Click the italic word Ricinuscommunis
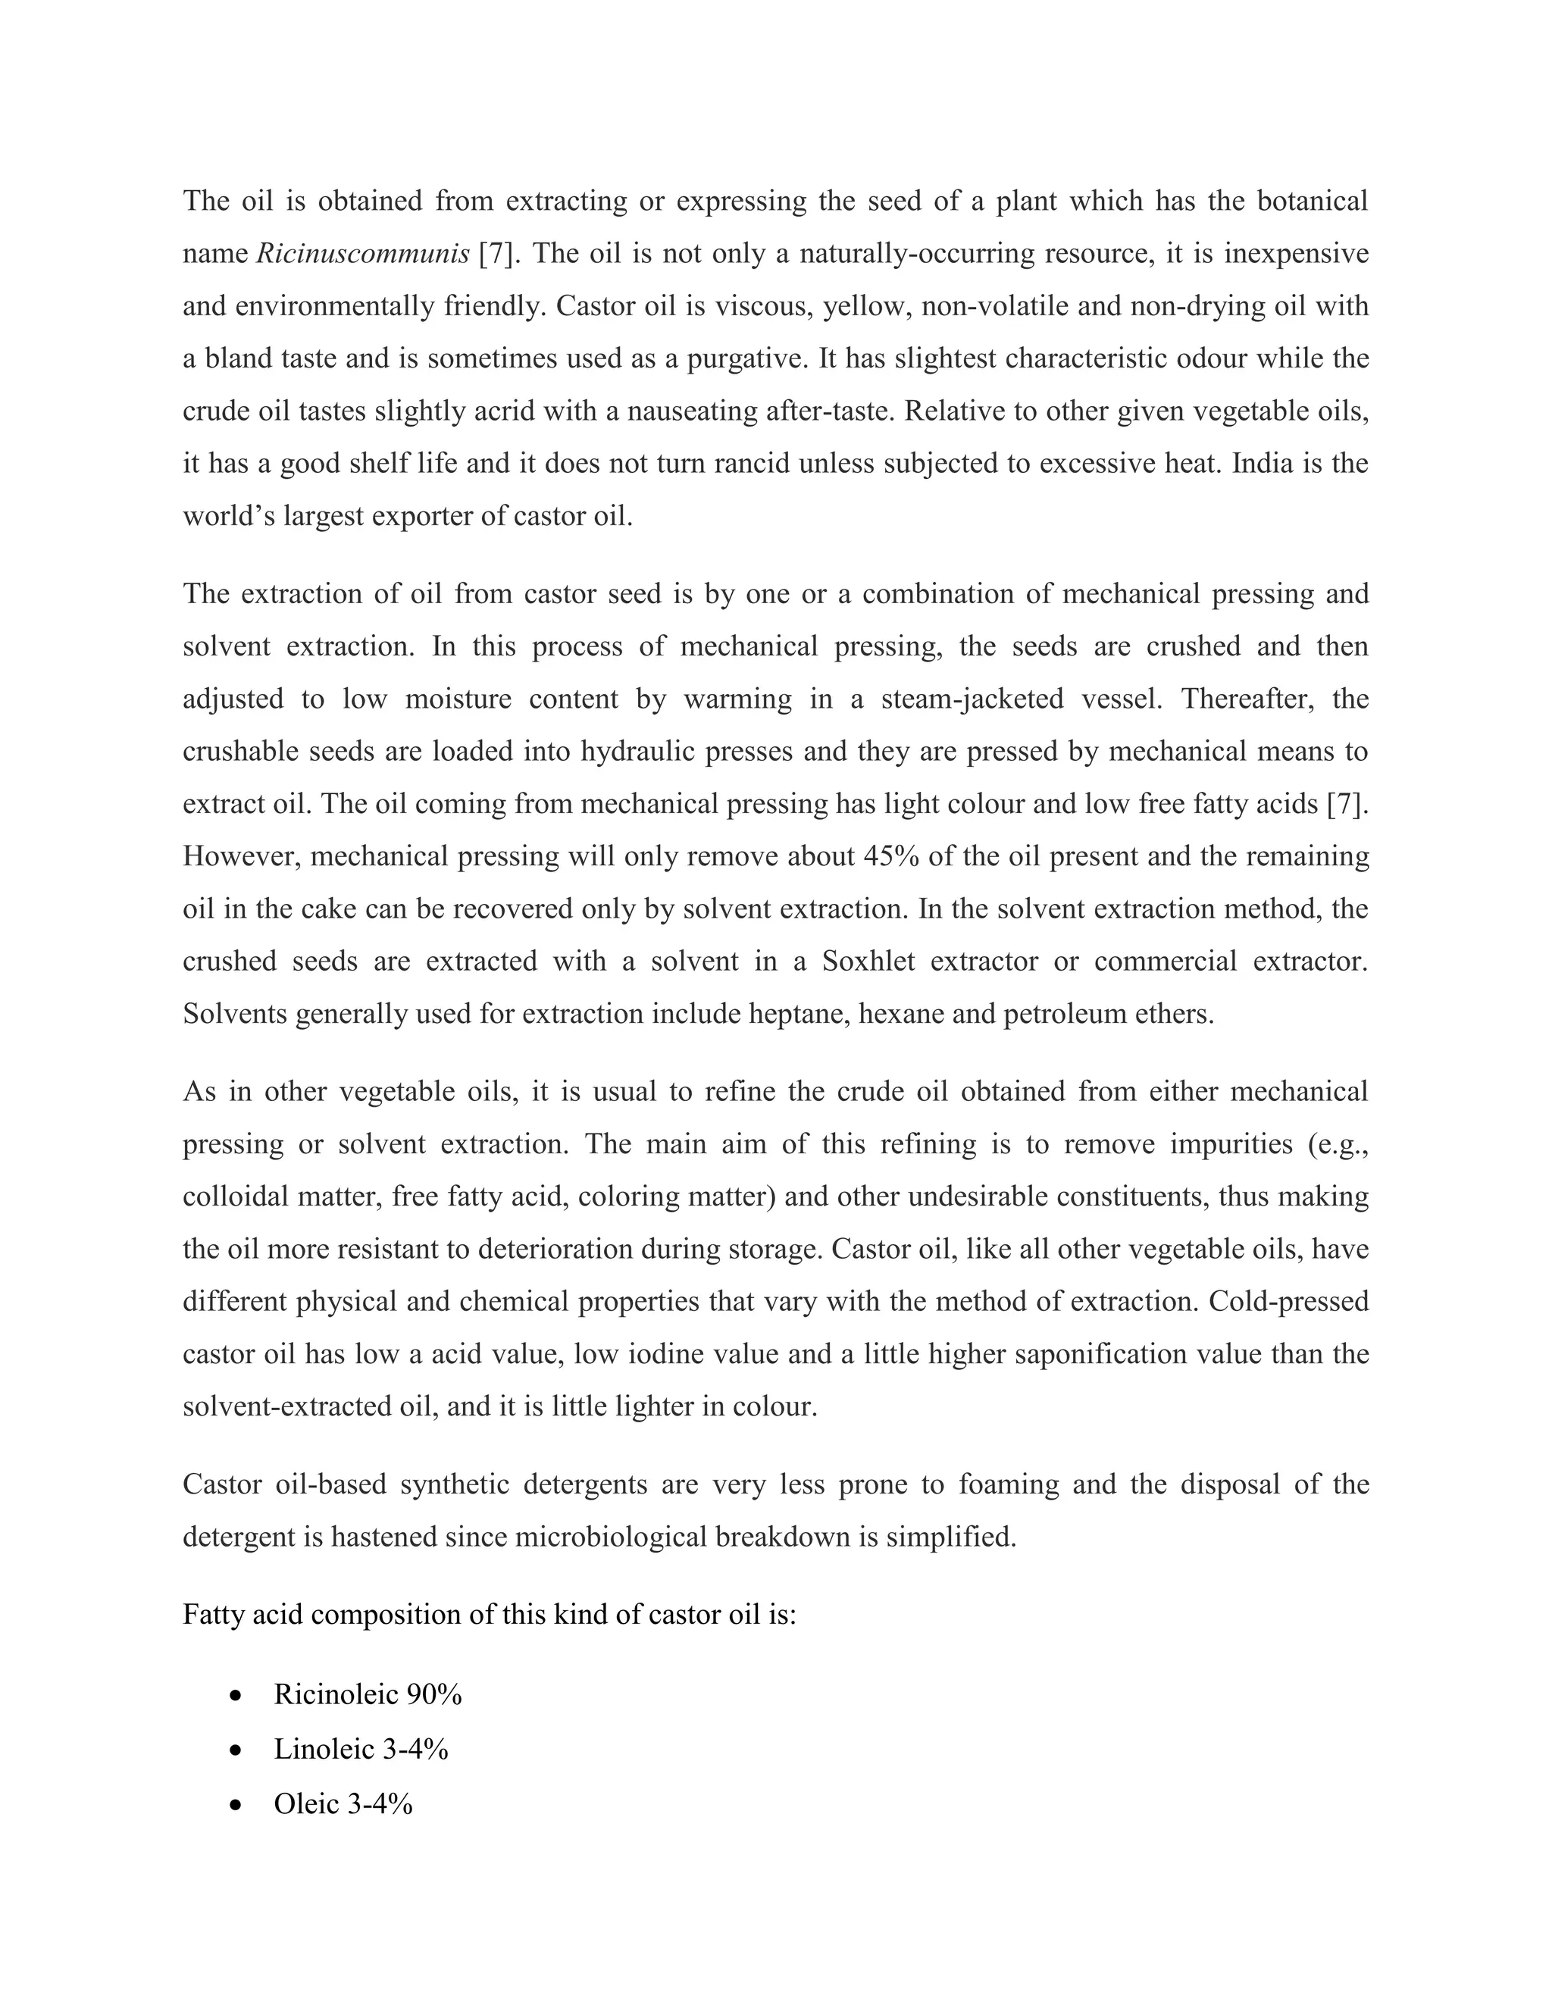[x=362, y=254]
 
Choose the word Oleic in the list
[x=306, y=1805]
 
